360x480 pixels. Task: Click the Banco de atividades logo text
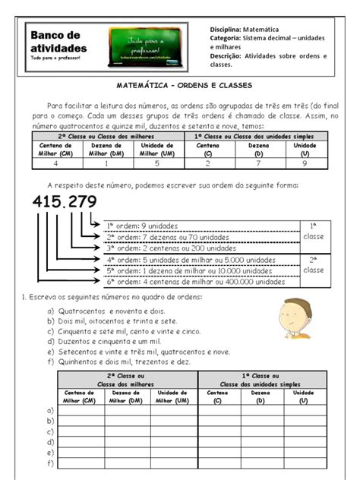(58, 43)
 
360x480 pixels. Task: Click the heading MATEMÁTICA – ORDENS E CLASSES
(180, 86)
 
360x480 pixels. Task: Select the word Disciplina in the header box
(224, 28)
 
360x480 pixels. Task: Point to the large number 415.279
(75, 204)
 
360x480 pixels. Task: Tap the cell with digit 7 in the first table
(257, 163)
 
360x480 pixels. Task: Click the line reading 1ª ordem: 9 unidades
(141, 226)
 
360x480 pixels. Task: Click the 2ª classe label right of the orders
(313, 264)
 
